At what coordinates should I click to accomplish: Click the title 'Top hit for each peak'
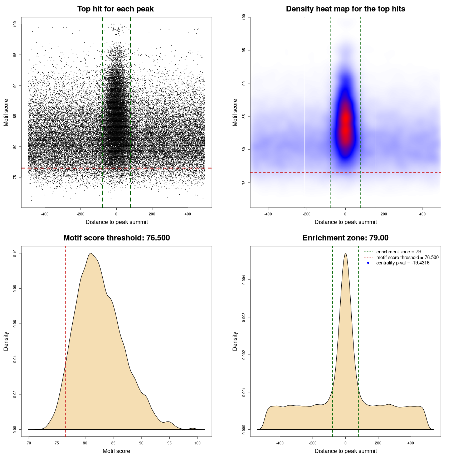(x=115, y=9)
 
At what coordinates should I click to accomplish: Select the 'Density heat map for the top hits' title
(x=345, y=9)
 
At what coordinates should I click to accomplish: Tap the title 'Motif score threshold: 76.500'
(x=116, y=238)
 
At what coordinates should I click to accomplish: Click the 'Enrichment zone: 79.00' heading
(x=345, y=238)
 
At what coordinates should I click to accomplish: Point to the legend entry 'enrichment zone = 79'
(x=398, y=252)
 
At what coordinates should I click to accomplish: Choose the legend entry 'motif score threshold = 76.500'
(x=407, y=258)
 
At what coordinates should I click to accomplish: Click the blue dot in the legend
(x=368, y=263)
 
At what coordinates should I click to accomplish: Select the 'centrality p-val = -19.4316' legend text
(x=403, y=263)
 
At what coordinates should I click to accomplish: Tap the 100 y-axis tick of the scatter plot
(x=15, y=24)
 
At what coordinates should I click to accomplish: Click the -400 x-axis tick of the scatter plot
(x=45, y=214)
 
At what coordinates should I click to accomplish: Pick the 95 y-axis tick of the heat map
(x=244, y=50)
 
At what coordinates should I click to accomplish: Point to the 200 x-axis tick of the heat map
(x=384, y=214)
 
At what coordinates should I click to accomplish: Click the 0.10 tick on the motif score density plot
(x=15, y=253)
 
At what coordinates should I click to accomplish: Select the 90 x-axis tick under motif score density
(x=141, y=443)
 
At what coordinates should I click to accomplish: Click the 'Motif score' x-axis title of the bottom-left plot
(x=116, y=451)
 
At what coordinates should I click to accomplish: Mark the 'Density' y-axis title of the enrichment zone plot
(x=235, y=341)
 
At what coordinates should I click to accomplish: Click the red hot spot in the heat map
(x=345, y=123)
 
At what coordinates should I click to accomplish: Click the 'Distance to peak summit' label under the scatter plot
(x=117, y=222)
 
